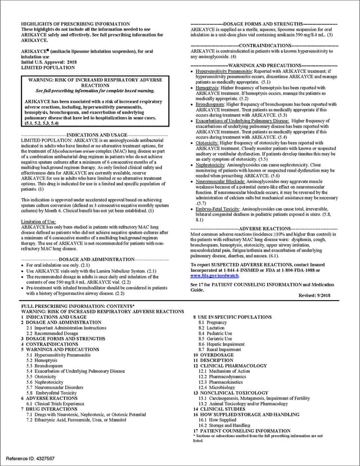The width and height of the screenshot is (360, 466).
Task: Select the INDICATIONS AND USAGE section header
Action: point(97,136)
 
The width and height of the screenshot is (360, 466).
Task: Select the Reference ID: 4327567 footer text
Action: point(31,459)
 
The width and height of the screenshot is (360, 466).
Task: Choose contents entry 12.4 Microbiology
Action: point(217,388)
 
